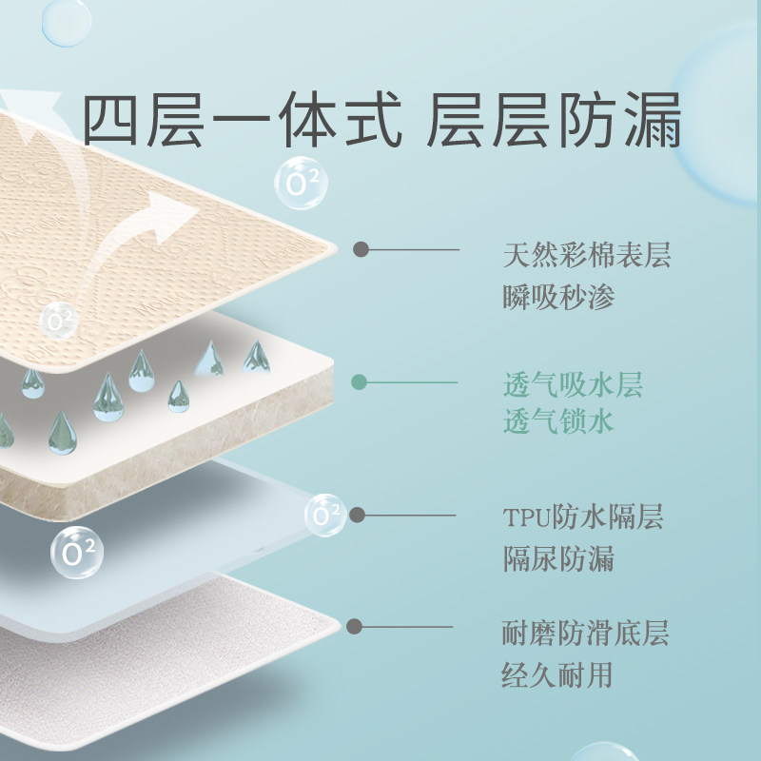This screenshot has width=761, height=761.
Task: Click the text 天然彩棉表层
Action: click(587, 256)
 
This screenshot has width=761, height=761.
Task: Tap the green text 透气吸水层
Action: click(573, 385)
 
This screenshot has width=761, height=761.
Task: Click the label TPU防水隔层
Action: click(582, 517)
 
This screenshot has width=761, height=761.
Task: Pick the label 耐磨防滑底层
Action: click(586, 632)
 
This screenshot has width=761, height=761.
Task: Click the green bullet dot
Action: click(359, 382)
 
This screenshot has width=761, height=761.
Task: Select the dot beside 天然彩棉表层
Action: click(361, 249)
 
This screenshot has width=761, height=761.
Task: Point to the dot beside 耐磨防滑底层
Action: click(355, 626)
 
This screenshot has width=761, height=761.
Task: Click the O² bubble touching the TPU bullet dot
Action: click(326, 516)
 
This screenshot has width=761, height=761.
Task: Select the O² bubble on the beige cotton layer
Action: click(60, 321)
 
